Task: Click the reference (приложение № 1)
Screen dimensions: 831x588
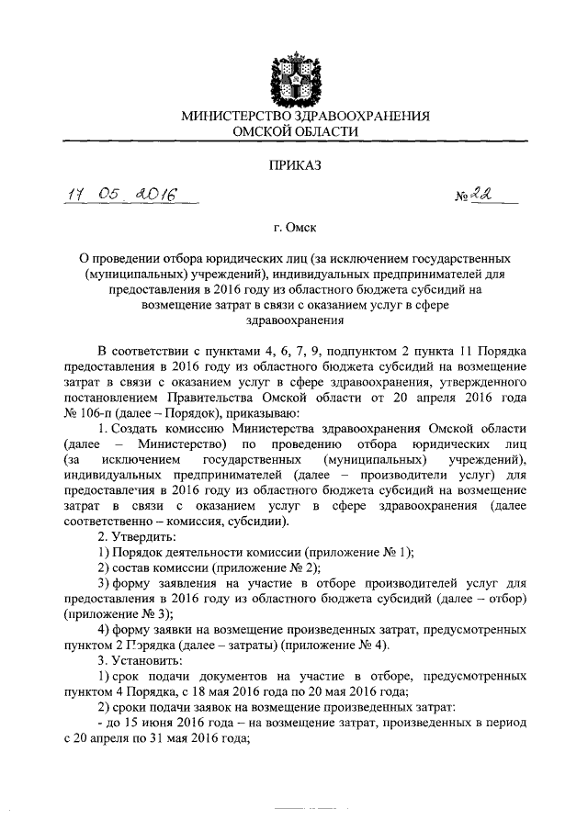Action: tap(358, 551)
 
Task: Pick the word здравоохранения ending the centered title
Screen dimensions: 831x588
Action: tap(293, 320)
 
